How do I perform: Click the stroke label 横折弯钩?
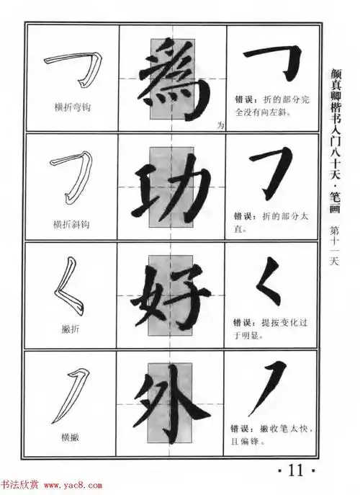(72, 107)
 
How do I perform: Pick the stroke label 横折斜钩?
(72, 224)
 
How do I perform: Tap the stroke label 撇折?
(71, 328)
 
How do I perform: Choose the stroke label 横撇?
(71, 437)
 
